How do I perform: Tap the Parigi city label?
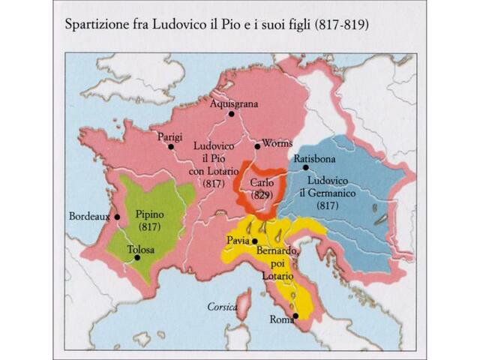pos(169,136)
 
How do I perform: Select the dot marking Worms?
pos(256,146)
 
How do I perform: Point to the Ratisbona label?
pos(315,159)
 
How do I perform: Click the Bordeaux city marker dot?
pos(118,217)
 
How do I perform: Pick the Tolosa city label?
pos(140,249)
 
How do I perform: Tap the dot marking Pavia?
pos(254,241)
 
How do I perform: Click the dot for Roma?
pos(295,316)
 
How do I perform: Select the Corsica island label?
pos(222,307)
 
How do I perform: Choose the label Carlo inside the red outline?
pos(260,182)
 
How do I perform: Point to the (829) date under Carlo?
pos(260,194)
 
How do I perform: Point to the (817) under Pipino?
pos(149,226)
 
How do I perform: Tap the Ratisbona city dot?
pos(305,167)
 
